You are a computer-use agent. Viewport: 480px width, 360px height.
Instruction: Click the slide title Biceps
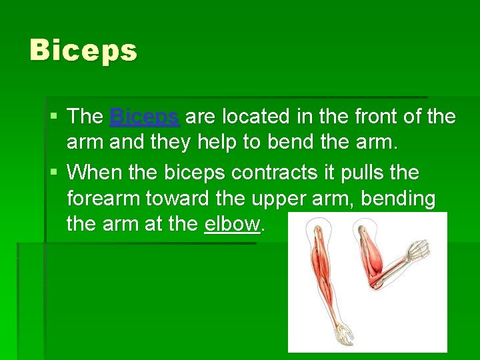pyautogui.click(x=83, y=51)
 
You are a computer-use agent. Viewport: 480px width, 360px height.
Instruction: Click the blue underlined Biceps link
pyautogui.click(x=144, y=117)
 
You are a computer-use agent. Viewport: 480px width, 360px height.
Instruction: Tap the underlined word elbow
pyautogui.click(x=232, y=224)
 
